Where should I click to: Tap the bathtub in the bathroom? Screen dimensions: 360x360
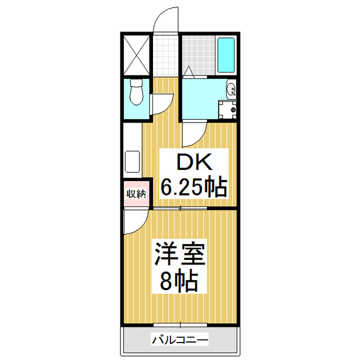(x=226, y=56)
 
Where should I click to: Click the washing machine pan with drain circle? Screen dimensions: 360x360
(x=228, y=109)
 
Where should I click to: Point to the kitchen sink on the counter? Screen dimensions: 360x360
(x=132, y=162)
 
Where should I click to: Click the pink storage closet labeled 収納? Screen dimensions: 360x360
(x=136, y=194)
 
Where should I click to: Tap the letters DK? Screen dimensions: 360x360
(x=194, y=163)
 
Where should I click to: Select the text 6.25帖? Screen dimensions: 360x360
(x=194, y=186)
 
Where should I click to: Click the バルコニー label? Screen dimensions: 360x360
(x=180, y=340)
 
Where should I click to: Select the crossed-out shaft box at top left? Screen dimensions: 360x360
(x=137, y=55)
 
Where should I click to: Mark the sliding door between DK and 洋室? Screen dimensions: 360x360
(x=180, y=209)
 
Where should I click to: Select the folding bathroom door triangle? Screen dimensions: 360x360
(x=190, y=72)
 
